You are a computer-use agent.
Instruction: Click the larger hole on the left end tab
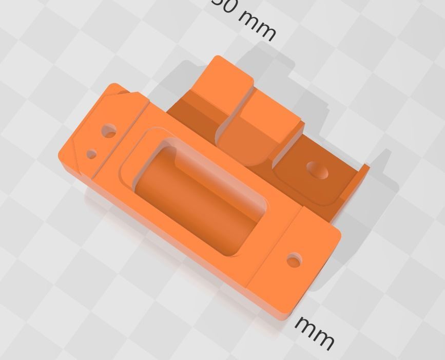[x=109, y=131]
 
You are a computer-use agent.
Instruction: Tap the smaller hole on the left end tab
[x=91, y=154]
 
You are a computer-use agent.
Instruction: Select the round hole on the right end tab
[x=294, y=260]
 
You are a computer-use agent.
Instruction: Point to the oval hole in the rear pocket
[x=318, y=170]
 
